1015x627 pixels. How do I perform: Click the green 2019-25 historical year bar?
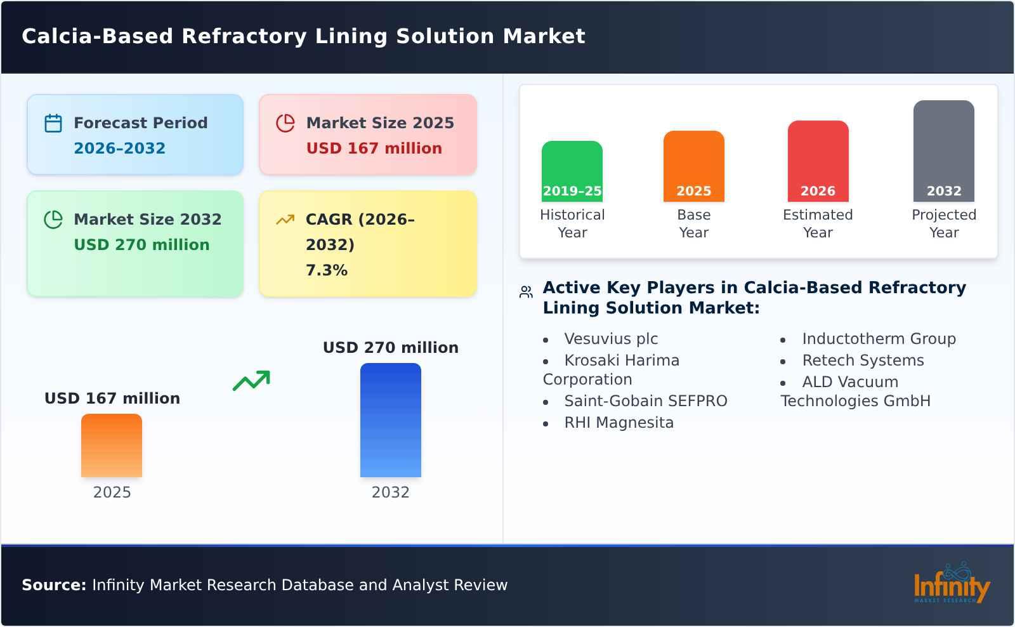(x=572, y=171)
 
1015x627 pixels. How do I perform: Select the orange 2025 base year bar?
(x=693, y=166)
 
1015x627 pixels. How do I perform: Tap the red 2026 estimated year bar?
(x=818, y=161)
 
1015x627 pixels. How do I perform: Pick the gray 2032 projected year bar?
(x=943, y=150)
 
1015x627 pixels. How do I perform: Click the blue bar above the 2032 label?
(x=390, y=419)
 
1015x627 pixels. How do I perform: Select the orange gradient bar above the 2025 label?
(x=112, y=445)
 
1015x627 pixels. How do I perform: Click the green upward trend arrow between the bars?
(x=251, y=381)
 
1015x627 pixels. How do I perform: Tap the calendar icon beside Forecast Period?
(x=53, y=123)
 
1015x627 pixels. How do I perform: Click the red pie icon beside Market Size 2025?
(x=285, y=123)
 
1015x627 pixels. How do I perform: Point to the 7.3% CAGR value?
(x=326, y=270)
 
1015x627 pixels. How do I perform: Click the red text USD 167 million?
(x=374, y=148)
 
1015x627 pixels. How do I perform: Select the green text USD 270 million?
(x=141, y=245)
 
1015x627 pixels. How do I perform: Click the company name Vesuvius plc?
(x=611, y=339)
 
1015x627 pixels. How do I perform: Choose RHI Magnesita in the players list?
(x=619, y=423)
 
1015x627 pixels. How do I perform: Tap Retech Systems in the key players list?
(x=863, y=360)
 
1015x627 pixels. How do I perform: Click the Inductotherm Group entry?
(x=879, y=339)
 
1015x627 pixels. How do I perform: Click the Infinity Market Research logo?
(x=951, y=584)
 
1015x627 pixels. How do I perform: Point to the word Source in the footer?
(x=53, y=585)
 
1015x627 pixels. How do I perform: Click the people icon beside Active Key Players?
(x=526, y=292)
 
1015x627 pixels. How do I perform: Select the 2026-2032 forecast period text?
(x=119, y=148)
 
